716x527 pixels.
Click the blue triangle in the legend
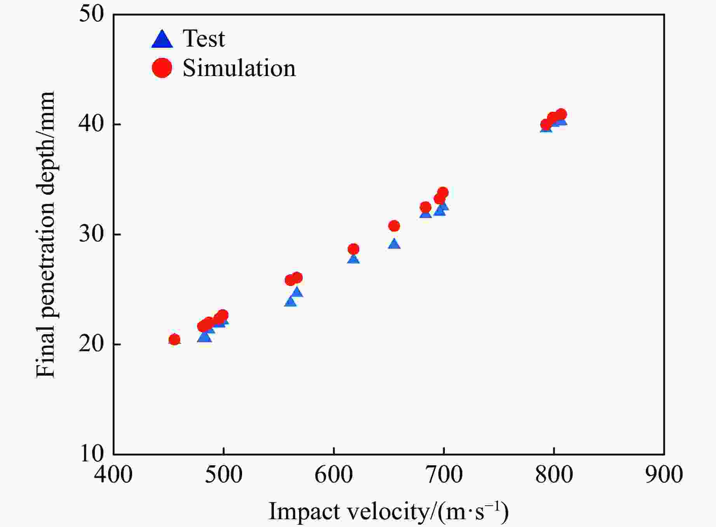click(162, 40)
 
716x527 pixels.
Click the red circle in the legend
click(162, 68)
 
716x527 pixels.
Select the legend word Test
click(204, 38)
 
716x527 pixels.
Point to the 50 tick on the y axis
click(92, 14)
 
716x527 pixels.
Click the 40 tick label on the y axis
click(92, 124)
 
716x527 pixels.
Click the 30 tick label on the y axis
click(92, 234)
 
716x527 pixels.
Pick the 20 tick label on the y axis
click(92, 344)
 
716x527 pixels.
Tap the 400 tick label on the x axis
click(113, 474)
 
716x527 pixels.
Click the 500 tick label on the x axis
click(223, 474)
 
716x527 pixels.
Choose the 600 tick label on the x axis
click(334, 474)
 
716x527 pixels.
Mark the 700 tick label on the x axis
click(444, 474)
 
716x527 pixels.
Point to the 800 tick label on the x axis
click(554, 474)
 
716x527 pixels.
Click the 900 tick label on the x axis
click(664, 474)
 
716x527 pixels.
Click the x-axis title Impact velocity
click(388, 511)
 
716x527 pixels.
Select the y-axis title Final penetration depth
click(45, 234)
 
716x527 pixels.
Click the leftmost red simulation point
click(174, 340)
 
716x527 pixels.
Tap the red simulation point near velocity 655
click(394, 226)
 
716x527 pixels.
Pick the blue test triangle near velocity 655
click(394, 244)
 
